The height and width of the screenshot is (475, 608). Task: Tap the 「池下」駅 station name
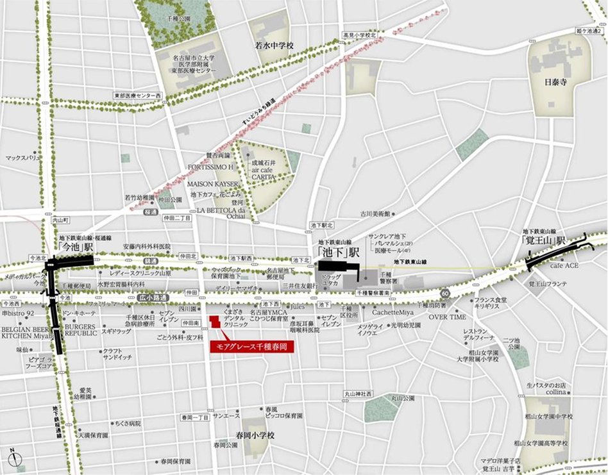click(x=339, y=251)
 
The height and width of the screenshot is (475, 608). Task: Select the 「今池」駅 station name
click(x=74, y=246)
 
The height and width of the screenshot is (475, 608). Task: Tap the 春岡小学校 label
click(x=255, y=435)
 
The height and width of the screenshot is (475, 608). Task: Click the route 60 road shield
click(x=445, y=292)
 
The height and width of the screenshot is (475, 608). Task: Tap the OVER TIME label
click(x=447, y=317)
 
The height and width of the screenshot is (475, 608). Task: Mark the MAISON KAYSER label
click(x=212, y=184)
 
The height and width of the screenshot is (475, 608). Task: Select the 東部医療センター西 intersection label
click(x=138, y=96)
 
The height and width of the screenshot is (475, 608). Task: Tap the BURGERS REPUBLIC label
click(x=80, y=330)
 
